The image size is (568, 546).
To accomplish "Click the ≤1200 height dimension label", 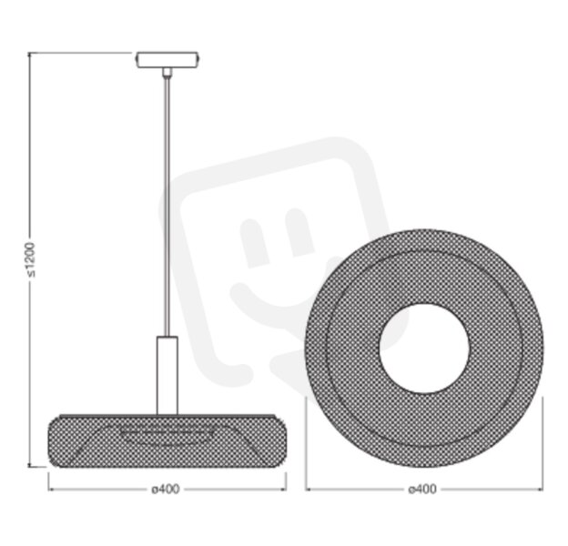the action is (32, 259).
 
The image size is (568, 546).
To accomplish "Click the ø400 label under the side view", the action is (166, 490).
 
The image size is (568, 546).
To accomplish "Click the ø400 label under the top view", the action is (422, 490).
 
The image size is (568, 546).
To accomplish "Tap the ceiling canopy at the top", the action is (167, 60).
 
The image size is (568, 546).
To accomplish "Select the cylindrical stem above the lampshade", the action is (167, 376).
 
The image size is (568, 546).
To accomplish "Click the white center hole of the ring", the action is (424, 349).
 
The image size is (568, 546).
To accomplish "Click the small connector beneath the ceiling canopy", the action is (167, 72).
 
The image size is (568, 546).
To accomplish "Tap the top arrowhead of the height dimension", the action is (29, 55).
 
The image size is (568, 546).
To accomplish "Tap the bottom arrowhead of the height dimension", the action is (30, 464).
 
